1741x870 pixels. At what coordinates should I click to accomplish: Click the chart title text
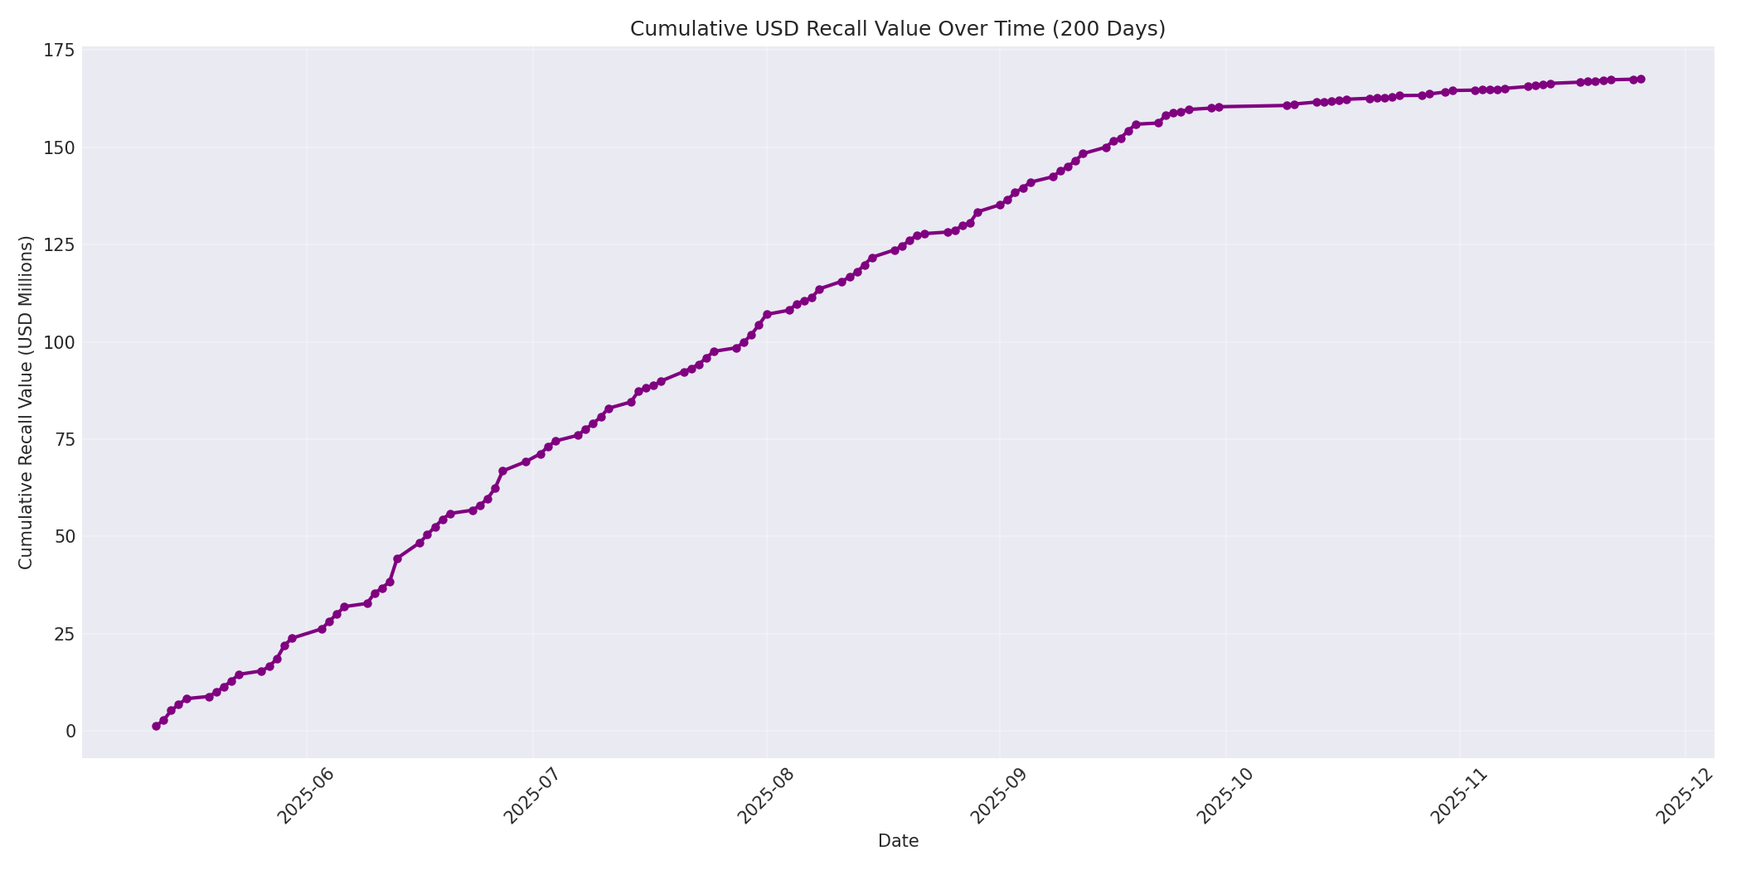tap(897, 29)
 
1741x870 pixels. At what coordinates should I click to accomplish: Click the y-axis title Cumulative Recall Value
tap(26, 403)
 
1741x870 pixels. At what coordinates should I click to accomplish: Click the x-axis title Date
tap(898, 841)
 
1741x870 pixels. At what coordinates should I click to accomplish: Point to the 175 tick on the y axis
tap(58, 51)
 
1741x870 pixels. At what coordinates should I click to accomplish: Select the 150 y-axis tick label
tap(58, 147)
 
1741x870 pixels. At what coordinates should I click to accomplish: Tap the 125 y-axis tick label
tap(58, 245)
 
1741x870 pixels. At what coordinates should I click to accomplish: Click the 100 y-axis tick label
tap(58, 342)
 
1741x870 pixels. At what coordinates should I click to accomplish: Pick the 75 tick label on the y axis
tap(63, 439)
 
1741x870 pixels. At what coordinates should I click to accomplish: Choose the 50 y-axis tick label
tap(63, 537)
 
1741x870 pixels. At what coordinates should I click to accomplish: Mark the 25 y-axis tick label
tap(63, 634)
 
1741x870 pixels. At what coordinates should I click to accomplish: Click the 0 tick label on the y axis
tap(70, 731)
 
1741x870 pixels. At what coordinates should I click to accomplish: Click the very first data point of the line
tap(156, 726)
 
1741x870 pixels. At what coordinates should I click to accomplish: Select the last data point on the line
tap(1641, 80)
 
